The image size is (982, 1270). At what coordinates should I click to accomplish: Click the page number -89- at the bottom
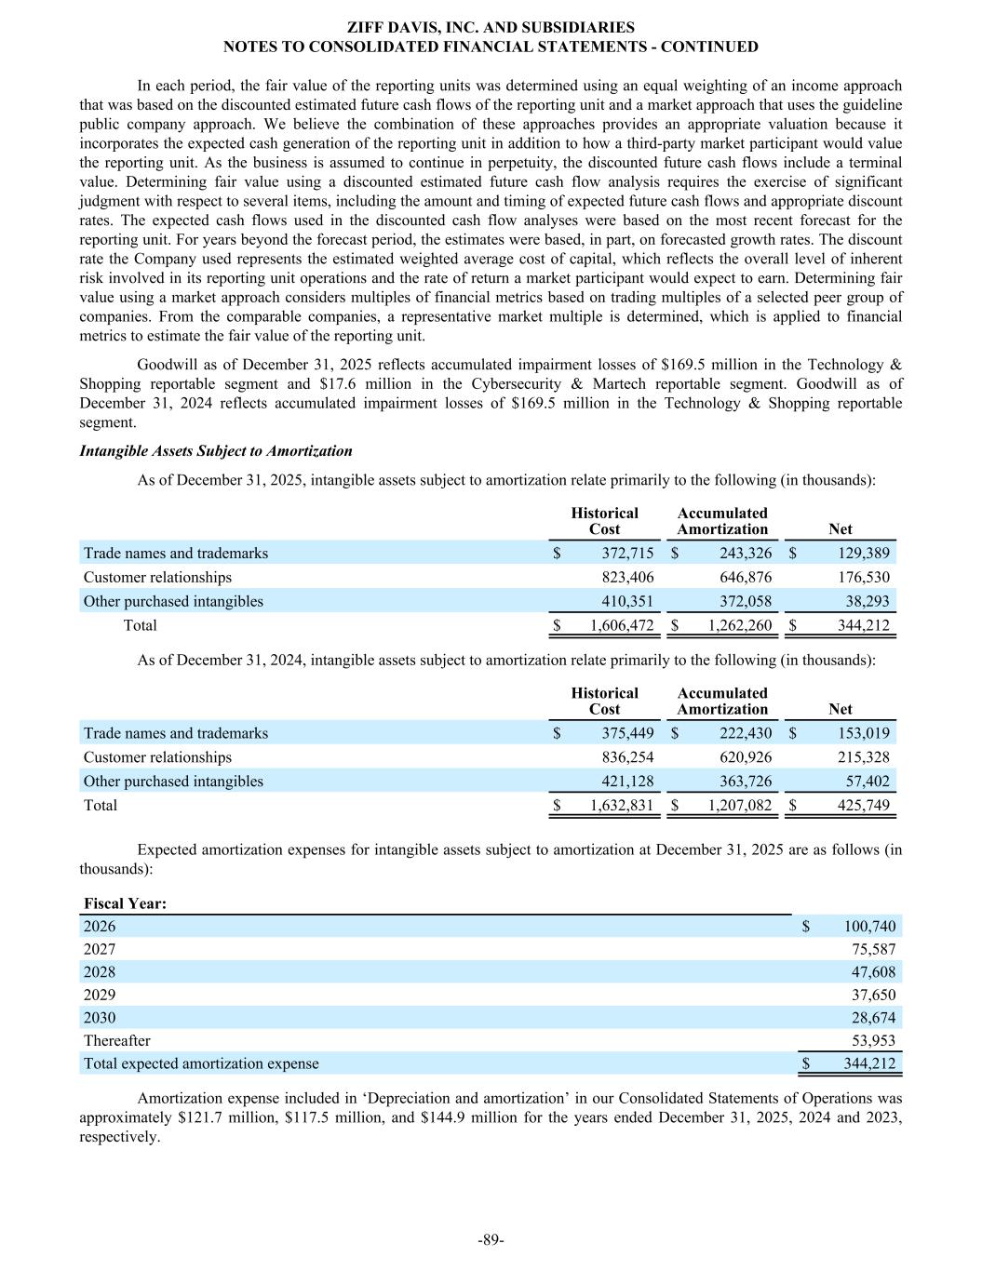[x=491, y=1239]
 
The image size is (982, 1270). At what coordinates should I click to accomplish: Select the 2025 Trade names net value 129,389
[x=863, y=554]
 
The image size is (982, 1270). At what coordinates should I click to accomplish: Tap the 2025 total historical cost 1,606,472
[x=622, y=625]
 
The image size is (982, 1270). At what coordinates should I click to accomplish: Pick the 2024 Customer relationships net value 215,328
[x=863, y=757]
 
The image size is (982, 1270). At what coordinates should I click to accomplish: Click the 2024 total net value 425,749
[x=863, y=806]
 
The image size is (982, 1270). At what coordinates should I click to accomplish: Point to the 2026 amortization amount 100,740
[x=869, y=927]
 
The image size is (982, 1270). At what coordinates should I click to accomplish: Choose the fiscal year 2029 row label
[x=100, y=996]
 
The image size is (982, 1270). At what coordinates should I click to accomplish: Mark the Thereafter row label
[x=116, y=1041]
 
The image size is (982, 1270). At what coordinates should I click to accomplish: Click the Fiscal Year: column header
[x=125, y=903]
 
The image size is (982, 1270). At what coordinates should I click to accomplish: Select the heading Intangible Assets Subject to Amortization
[x=216, y=451]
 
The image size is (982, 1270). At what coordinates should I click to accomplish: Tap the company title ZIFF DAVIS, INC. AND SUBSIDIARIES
[x=491, y=28]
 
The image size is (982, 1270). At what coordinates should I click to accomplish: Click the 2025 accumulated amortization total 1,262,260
[x=739, y=625]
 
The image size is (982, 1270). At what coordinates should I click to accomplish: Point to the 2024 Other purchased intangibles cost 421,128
[x=627, y=782]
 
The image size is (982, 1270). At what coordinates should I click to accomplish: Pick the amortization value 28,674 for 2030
[x=873, y=1019]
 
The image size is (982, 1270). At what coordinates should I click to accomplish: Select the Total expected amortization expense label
[x=201, y=1063]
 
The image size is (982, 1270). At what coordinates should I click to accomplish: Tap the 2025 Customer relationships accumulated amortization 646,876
[x=745, y=578]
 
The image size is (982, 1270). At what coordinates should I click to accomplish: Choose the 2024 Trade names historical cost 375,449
[x=627, y=733]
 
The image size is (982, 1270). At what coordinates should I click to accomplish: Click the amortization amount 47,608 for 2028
[x=873, y=972]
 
